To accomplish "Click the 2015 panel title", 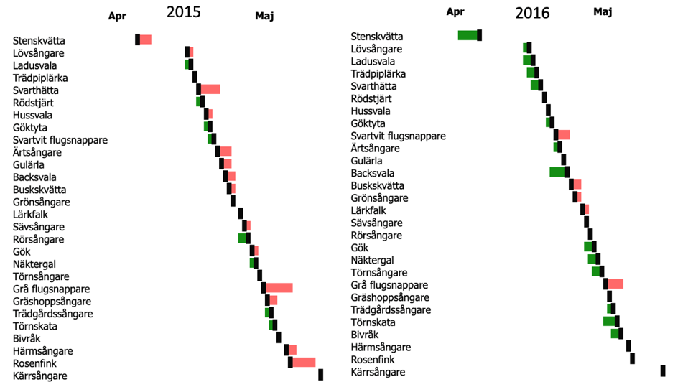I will tap(183, 12).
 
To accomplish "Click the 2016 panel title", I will tap(532, 13).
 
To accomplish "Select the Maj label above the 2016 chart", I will tap(603, 12).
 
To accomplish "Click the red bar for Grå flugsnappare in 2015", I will tap(279, 288).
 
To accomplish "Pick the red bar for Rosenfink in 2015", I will tap(304, 362).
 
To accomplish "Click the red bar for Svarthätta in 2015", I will tap(210, 89).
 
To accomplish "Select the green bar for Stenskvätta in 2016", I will tap(468, 35).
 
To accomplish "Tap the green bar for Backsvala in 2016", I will tap(557, 172).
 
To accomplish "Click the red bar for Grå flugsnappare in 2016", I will tap(615, 284).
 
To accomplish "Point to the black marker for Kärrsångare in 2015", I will tap(321, 374).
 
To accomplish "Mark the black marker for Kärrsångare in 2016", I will tap(663, 370).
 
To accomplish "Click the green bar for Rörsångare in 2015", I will tap(242, 238).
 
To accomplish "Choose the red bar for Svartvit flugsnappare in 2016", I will tap(564, 135).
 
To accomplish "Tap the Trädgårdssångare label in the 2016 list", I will tap(391, 310).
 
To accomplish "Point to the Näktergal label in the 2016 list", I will tap(372, 260).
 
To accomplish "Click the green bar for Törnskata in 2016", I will tap(609, 321).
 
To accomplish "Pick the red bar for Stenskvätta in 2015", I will tap(146, 39).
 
